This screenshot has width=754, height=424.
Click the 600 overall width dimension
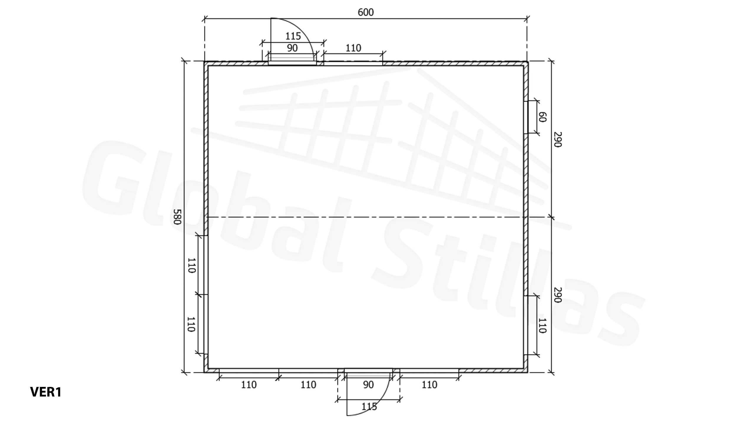coord(366,12)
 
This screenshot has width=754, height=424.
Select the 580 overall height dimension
coord(177,217)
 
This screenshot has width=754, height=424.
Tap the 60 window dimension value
coord(542,117)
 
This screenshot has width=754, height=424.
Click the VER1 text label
coord(46,392)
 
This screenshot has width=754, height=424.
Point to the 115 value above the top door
coord(293,36)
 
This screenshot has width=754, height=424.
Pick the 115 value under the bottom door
coord(369,407)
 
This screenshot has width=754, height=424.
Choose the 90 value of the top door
coord(292,48)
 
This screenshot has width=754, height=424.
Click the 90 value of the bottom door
coord(368,385)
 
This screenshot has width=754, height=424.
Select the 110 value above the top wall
coord(353,48)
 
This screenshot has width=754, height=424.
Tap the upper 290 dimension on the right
coord(558,139)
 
